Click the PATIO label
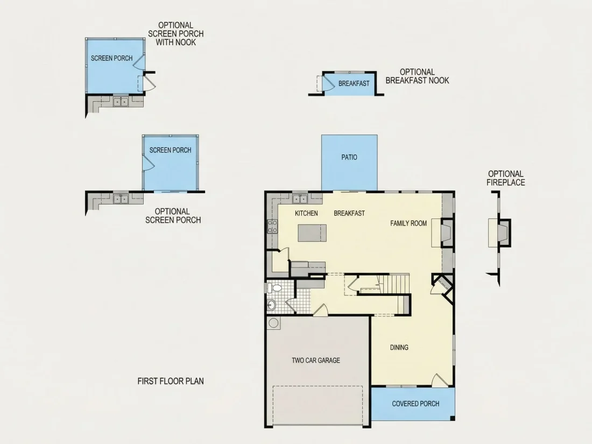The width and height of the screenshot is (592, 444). click(349, 158)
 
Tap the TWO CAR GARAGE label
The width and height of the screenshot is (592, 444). click(315, 361)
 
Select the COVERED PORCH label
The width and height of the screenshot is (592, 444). click(415, 404)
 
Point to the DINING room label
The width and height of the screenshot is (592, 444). click(399, 347)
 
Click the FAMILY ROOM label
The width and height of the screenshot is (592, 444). click(408, 223)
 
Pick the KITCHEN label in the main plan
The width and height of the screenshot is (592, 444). click(306, 213)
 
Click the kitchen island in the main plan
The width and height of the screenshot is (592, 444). click(312, 233)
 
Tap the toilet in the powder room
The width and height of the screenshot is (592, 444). click(274, 288)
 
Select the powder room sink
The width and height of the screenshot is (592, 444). click(271, 305)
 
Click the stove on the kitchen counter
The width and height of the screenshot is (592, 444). click(272, 227)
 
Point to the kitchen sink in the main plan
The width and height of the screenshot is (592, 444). click(300, 198)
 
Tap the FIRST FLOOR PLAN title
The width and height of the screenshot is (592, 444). click(171, 382)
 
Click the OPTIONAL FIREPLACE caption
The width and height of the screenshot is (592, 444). click(505, 178)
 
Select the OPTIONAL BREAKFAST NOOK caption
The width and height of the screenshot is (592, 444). click(417, 76)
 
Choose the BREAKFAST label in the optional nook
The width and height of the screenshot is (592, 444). click(354, 83)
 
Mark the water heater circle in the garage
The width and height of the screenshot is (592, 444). click(273, 323)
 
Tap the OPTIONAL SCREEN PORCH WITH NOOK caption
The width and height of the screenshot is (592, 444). click(175, 34)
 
